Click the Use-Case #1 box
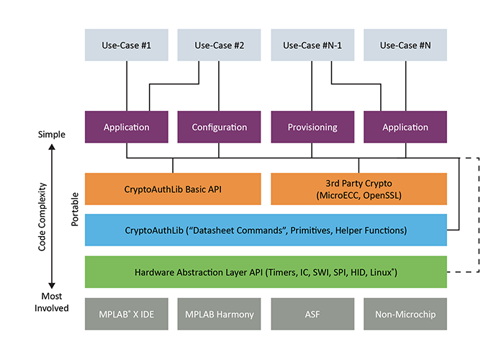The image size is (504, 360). click(127, 45)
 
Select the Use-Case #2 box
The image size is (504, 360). click(220, 45)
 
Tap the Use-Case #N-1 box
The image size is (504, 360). click(312, 45)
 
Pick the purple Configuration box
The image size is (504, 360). click(220, 127)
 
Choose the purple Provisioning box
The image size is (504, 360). click(312, 127)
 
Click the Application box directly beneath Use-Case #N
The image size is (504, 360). click(405, 127)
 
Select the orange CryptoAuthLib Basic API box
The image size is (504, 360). click(173, 189)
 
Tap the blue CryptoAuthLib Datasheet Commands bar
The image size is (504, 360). click(265, 230)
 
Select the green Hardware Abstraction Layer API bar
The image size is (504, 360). click(265, 272)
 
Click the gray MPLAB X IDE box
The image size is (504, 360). click(127, 314)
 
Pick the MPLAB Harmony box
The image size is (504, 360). click(220, 314)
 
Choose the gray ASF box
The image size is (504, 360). click(312, 314)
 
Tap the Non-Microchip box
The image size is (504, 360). click(405, 314)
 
